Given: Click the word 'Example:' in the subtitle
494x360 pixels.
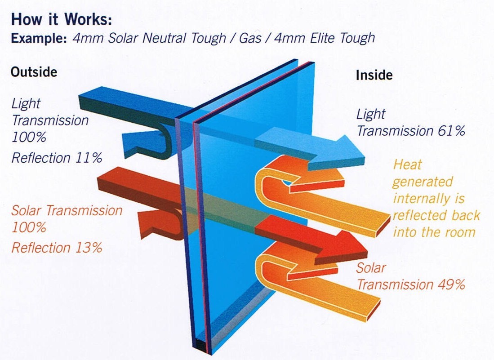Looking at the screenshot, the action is (40, 38).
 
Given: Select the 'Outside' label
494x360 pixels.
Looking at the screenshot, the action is (34, 72).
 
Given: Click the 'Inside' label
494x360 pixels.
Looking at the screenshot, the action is (374, 75).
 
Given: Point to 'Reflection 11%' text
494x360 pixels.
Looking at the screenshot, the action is (57, 158).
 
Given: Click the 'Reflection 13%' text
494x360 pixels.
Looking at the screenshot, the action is (57, 248).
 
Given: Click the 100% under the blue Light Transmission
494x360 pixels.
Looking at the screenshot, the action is (29, 137).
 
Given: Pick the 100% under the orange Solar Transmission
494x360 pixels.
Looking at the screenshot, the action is (29, 227).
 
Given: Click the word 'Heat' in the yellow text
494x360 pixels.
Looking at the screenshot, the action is (407, 164).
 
